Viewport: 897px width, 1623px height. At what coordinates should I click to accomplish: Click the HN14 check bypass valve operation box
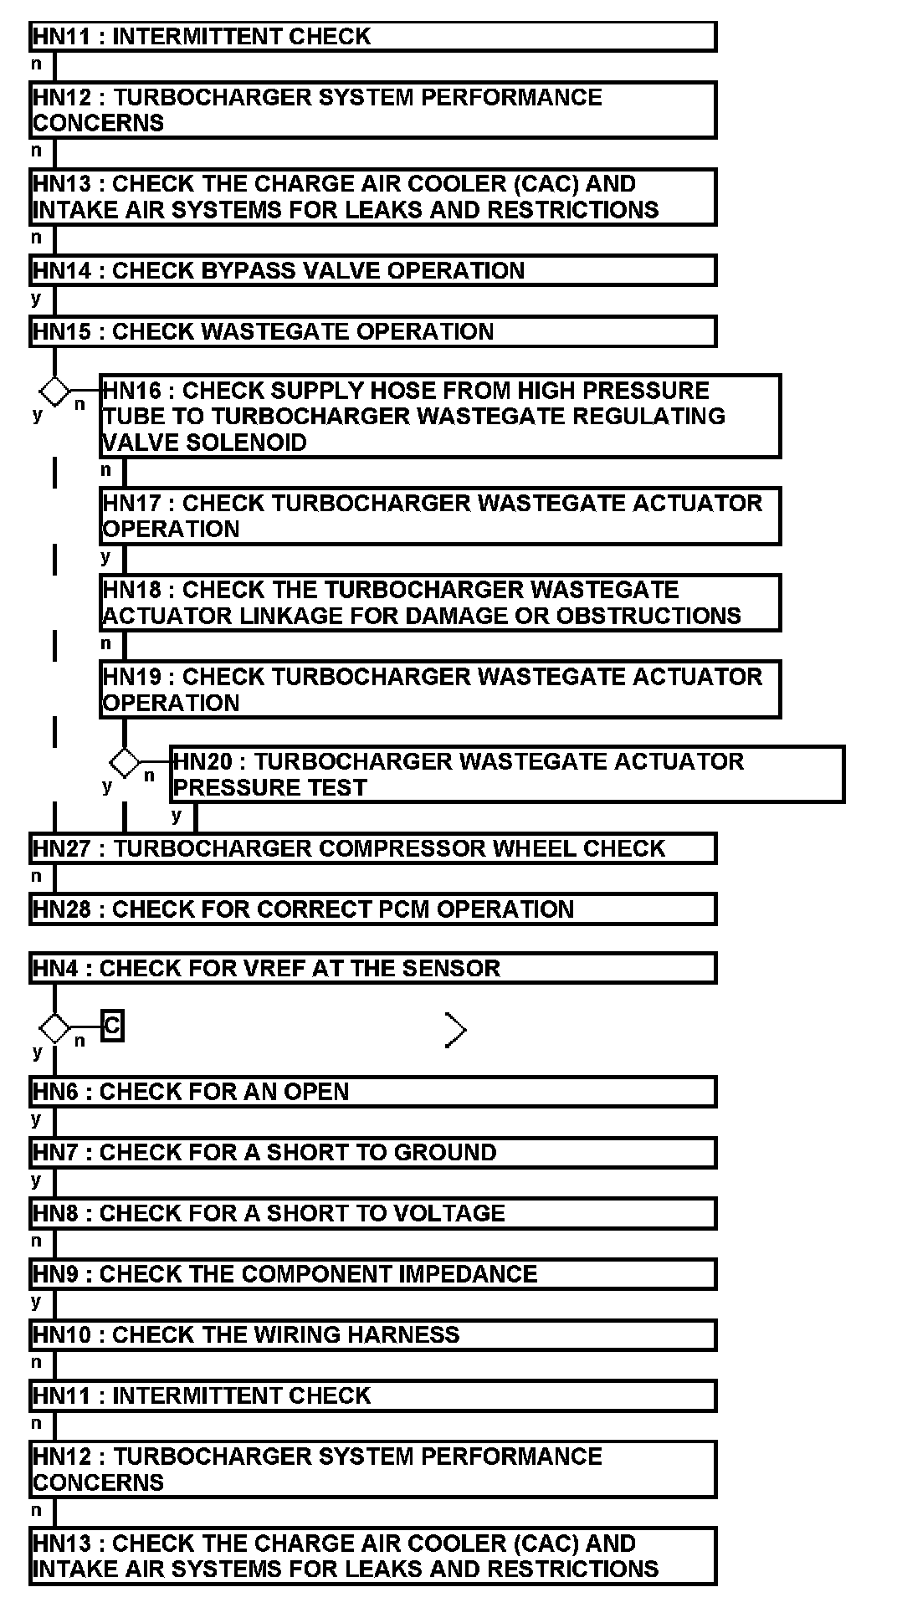[x=372, y=270]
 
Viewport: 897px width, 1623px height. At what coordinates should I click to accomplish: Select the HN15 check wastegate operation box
[x=372, y=331]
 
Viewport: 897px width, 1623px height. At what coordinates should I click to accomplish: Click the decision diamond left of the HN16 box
[x=54, y=391]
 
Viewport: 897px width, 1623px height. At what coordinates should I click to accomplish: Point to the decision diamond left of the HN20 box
[x=125, y=762]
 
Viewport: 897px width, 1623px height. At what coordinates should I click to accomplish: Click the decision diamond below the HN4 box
[x=54, y=1027]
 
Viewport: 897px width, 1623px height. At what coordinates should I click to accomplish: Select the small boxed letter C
[x=112, y=1026]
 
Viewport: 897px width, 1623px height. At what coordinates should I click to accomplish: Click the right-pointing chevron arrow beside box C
[x=455, y=1030]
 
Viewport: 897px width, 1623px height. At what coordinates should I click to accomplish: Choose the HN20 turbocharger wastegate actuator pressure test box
[x=506, y=774]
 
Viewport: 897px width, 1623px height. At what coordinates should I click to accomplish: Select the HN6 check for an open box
[x=372, y=1092]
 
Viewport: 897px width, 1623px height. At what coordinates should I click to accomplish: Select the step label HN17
[x=133, y=504]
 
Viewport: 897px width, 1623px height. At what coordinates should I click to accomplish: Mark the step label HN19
[x=133, y=677]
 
